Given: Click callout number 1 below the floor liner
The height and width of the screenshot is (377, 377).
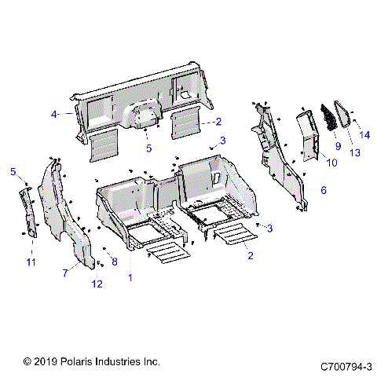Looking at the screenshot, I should click(130, 277).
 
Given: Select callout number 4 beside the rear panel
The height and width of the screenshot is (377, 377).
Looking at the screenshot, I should click(54, 115).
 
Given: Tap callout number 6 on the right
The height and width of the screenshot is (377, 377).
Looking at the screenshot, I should click(323, 190).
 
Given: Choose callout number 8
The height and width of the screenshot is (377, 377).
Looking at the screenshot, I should click(115, 261).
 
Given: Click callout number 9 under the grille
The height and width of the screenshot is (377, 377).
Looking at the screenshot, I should click(337, 145).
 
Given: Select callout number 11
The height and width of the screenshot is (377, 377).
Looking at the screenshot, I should click(31, 261).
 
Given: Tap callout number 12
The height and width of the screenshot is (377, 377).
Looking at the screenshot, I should click(97, 284).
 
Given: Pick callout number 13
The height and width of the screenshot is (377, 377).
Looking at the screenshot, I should click(356, 152).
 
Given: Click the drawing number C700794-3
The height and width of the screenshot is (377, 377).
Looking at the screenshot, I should click(346, 365).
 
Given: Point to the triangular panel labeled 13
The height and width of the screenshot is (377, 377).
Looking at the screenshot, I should click(345, 117).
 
